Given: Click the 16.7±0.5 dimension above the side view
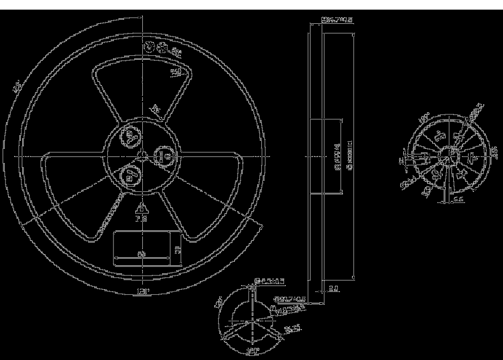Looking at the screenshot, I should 337,20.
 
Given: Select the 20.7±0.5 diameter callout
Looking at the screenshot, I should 289,299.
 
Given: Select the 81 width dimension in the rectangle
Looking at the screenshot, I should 141,253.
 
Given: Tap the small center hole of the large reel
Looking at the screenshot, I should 143,156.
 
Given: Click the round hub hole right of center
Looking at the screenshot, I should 164,156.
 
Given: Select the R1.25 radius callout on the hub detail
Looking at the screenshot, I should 292,330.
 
